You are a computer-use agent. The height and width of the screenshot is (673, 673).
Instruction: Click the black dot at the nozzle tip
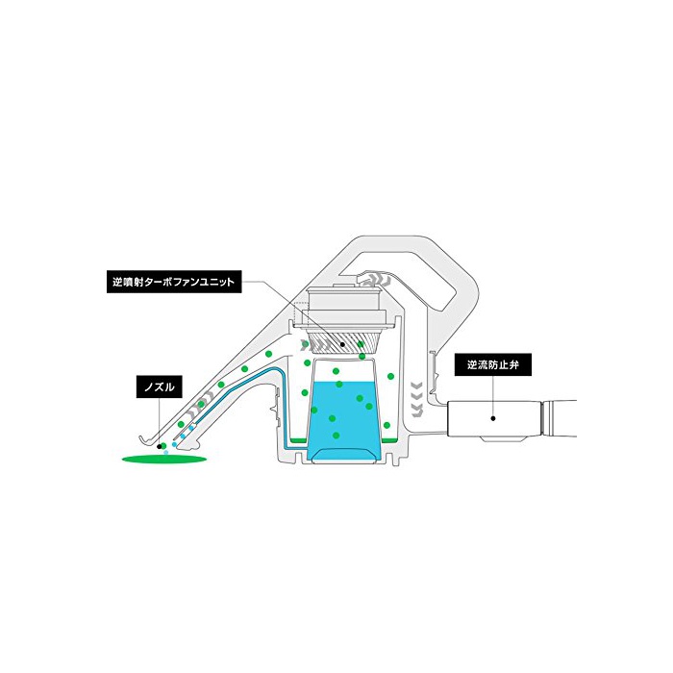pyautogui.click(x=161, y=446)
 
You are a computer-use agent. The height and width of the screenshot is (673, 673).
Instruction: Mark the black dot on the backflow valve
pyautogui.click(x=493, y=418)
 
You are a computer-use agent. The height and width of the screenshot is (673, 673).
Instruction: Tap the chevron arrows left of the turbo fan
pyautogui.click(x=310, y=343)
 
